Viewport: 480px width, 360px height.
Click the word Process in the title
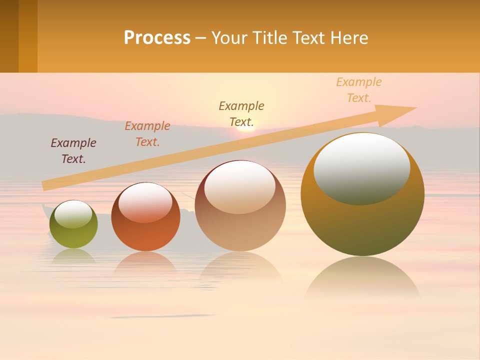[157, 38]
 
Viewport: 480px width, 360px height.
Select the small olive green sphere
[73, 235]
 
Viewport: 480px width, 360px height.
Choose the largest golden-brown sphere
[362, 225]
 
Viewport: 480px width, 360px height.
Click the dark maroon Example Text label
[73, 151]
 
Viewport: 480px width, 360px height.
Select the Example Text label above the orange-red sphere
[147, 134]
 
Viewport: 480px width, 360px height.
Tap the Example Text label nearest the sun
[241, 113]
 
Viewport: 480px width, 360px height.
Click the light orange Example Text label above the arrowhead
[359, 90]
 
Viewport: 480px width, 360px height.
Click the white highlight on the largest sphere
[362, 167]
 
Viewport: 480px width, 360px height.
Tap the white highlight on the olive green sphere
[73, 214]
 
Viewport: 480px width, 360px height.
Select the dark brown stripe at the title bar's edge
[9, 36]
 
